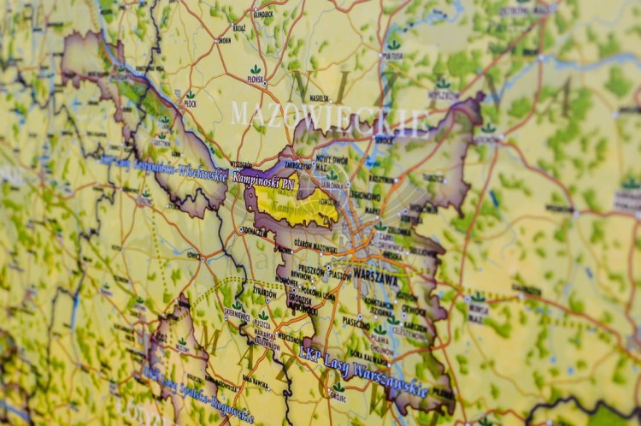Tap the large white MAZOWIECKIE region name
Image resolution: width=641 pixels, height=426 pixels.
tap(329, 116)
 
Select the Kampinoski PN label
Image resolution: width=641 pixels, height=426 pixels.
tap(264, 182)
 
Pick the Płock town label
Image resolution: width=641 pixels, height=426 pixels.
tap(190, 105)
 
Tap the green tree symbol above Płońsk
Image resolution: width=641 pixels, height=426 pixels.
tap(256, 69)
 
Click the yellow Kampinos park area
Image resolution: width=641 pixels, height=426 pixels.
tap(295, 206)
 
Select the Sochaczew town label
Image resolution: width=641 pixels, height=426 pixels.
tap(253, 230)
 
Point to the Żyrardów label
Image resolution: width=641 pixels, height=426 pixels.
tap(265, 292)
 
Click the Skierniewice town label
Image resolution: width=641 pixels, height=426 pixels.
tap(237, 314)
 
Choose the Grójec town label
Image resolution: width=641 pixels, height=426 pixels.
tap(339, 398)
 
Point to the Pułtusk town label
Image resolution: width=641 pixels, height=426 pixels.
tap(392, 56)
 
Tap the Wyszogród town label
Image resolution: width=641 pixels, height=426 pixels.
tap(241, 164)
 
